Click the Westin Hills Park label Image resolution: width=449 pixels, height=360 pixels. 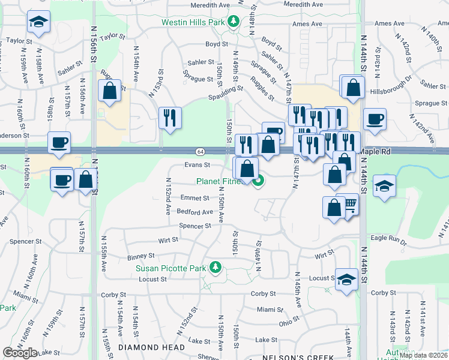(x=192, y=23)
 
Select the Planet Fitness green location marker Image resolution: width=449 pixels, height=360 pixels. (x=259, y=181)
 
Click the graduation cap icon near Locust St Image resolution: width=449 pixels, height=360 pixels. (x=346, y=280)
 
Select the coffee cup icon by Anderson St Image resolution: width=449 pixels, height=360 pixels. (x=59, y=143)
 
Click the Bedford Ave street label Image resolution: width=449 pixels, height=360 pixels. (x=194, y=212)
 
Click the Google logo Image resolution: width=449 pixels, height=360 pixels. (x=20, y=353)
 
